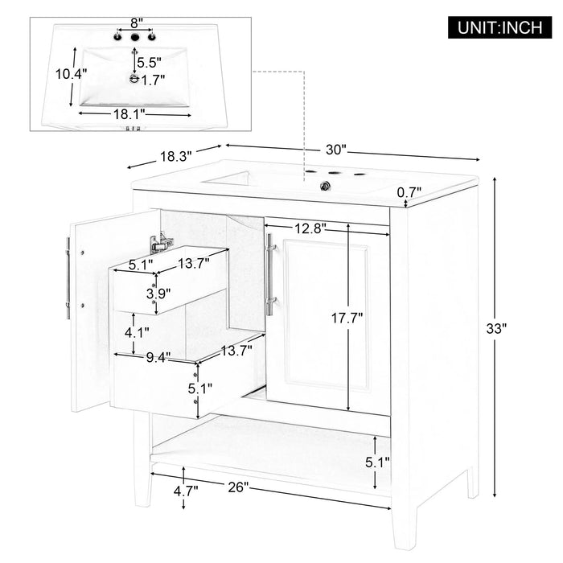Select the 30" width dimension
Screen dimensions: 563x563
coord(335,149)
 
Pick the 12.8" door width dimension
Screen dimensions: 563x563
coord(310,228)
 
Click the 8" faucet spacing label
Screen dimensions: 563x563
coord(132,23)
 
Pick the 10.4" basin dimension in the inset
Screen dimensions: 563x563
coord(71,73)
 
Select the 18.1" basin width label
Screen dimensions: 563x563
coord(129,114)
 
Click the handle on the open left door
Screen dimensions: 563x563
coord(68,277)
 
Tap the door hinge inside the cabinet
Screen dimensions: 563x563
coord(161,239)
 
